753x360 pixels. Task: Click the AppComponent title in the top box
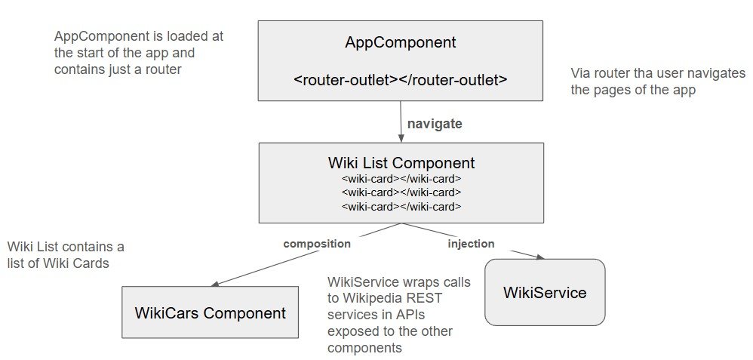pyautogui.click(x=400, y=42)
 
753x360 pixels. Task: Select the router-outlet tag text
pyautogui.click(x=400, y=80)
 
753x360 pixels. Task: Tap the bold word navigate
pyautogui.click(x=435, y=124)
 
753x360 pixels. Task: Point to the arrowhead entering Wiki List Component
pyautogui.click(x=401, y=138)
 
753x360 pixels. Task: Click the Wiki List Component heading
pyautogui.click(x=401, y=162)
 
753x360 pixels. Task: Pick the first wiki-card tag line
pyautogui.click(x=401, y=179)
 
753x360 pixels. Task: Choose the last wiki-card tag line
pyautogui.click(x=401, y=207)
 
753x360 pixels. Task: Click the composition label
pyautogui.click(x=317, y=245)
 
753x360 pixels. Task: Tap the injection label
pyautogui.click(x=471, y=244)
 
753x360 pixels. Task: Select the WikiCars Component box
pyautogui.click(x=210, y=312)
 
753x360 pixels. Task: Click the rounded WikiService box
pyautogui.click(x=545, y=292)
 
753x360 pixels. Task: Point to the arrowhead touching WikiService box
pyautogui.click(x=539, y=257)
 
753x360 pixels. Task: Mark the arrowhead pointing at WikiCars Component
pyautogui.click(x=216, y=284)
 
